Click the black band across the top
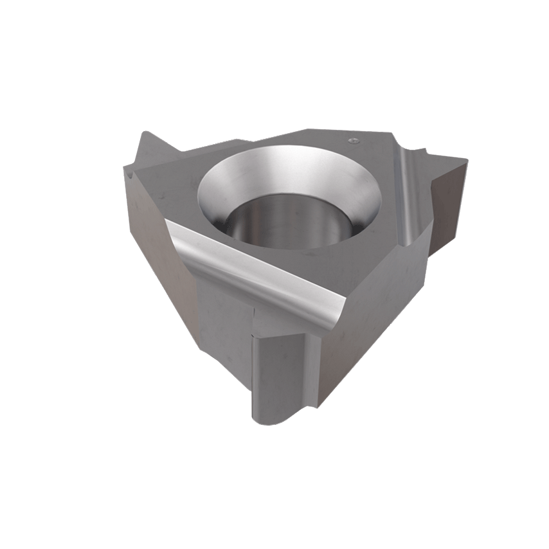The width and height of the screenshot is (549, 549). tap(274, 51)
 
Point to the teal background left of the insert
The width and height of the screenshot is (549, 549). tap(58, 276)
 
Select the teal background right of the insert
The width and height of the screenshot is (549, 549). tap(508, 276)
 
